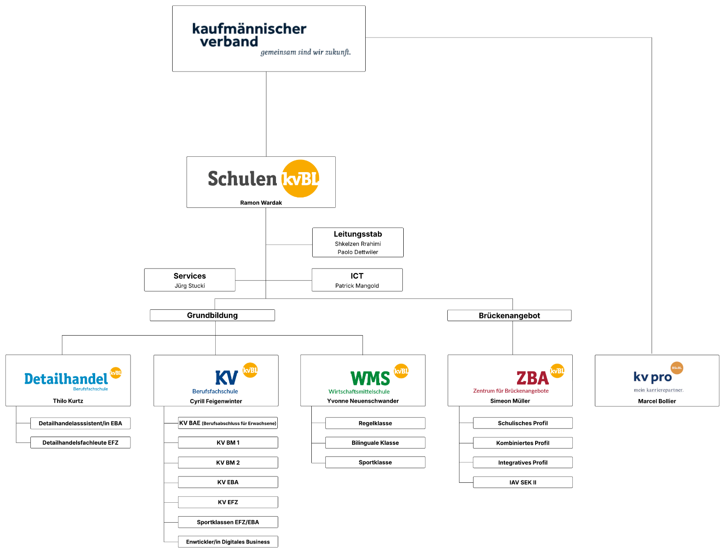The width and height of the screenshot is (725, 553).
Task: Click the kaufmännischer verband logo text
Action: coord(249,35)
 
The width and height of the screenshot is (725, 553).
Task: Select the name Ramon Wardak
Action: coord(261,202)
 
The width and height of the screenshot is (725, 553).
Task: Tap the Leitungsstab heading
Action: coord(358,234)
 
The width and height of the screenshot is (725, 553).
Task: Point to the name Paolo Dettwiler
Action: coord(358,252)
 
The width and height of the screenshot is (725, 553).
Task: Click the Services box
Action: coord(189,280)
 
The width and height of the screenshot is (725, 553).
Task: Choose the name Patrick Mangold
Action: coord(357,286)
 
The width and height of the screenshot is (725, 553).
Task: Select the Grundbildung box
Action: coord(212,315)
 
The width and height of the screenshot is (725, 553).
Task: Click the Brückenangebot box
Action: coord(509,316)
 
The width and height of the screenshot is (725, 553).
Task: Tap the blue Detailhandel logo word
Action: coord(66,379)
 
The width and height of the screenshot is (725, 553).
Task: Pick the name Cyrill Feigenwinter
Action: coord(216,401)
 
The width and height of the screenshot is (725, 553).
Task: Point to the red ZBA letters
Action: coord(532,378)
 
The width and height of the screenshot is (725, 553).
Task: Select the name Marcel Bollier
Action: coord(657,401)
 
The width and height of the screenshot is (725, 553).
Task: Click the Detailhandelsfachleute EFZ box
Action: coord(80,442)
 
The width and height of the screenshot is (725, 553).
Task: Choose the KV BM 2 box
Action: coord(228,462)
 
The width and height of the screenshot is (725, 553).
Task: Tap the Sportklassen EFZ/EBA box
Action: coord(228,522)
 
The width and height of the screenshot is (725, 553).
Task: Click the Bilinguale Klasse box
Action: coord(375,443)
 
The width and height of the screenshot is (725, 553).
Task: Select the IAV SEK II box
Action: coord(522,482)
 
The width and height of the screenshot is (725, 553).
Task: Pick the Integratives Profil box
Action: coord(522,462)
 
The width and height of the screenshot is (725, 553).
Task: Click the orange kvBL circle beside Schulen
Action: coord(300,178)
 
